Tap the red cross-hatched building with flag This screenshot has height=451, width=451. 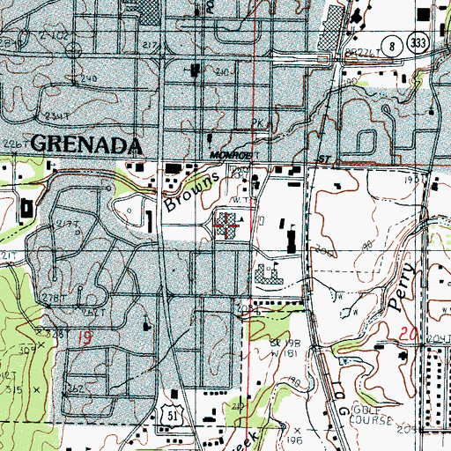coord(227,225)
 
